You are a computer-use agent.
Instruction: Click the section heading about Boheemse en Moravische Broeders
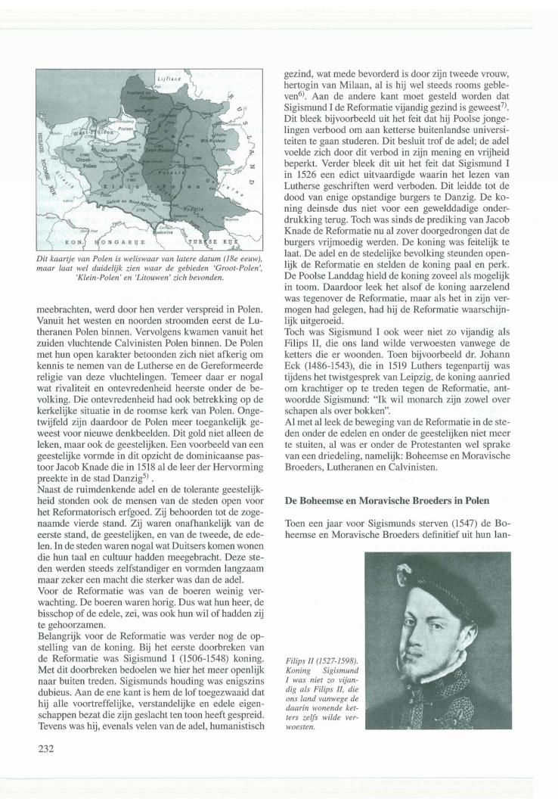tap(386, 501)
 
